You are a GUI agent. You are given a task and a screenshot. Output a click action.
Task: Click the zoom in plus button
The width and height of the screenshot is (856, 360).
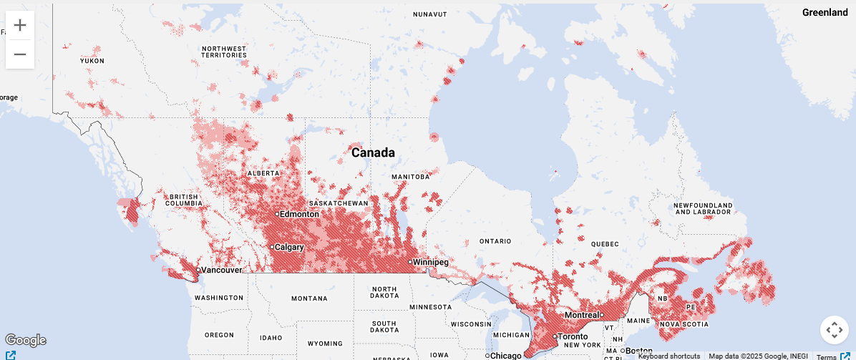point(20,26)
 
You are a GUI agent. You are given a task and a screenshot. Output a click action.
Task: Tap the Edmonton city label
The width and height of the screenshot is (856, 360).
point(299,214)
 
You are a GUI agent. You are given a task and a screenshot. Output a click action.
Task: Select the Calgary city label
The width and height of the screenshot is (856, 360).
point(288,247)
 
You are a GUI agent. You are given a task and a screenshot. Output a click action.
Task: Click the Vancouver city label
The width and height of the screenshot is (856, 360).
point(221,270)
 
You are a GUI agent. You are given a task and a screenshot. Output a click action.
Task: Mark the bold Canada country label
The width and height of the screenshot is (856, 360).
point(373,152)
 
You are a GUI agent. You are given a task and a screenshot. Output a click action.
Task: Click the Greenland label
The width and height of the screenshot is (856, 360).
point(825,13)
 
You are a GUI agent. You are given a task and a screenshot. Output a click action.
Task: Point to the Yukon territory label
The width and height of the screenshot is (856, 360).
point(92,61)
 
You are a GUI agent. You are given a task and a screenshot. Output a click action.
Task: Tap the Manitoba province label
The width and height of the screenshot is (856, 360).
point(411,176)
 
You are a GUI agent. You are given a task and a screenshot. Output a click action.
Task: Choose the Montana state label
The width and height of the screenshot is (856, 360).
point(310,298)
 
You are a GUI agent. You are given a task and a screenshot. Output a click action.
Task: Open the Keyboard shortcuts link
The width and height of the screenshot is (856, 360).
point(668,356)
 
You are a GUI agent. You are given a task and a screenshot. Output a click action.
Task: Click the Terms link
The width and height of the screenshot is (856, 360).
point(827,356)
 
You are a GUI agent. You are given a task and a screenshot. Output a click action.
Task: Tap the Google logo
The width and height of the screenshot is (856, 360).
point(25,340)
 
